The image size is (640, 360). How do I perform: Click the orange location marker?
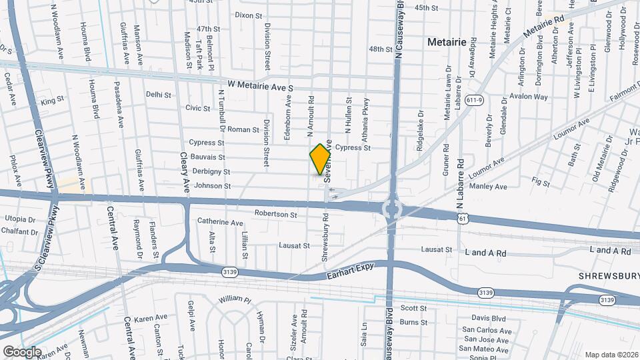[x=321, y=159]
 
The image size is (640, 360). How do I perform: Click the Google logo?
[x=22, y=351]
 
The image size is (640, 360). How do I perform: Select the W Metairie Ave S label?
[x=260, y=86]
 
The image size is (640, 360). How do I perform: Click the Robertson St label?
[x=275, y=215]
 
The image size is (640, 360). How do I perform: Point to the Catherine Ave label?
[x=220, y=222]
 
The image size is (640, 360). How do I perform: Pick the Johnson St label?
[x=213, y=186]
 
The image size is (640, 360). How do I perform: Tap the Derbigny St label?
[x=211, y=171]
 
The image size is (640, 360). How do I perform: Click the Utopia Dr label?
[x=20, y=219]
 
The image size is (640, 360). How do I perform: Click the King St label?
[x=52, y=102]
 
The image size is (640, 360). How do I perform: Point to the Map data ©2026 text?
[x=611, y=355]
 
